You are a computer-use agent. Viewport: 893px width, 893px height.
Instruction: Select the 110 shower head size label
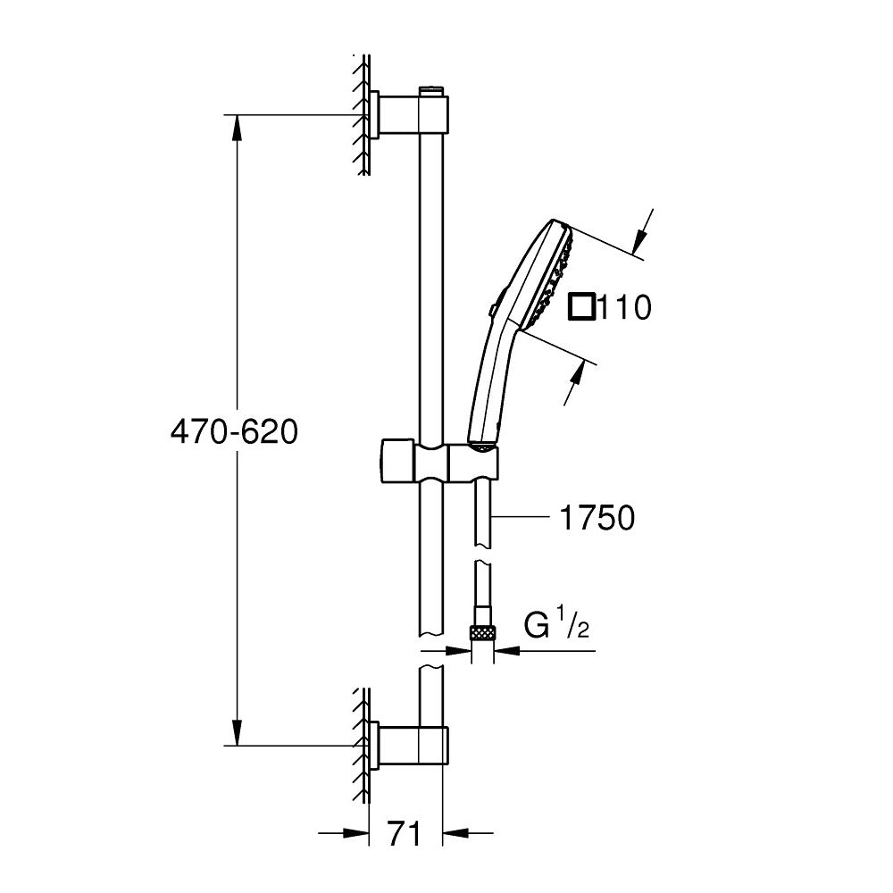click(623, 309)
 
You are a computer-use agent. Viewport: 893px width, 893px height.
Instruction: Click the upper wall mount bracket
click(393, 114)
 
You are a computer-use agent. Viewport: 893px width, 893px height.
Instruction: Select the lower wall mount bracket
click(393, 746)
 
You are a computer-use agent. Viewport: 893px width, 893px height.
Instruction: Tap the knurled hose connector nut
click(482, 633)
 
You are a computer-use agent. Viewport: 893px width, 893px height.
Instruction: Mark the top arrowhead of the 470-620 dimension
click(237, 128)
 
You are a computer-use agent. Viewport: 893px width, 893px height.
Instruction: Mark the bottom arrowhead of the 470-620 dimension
click(237, 732)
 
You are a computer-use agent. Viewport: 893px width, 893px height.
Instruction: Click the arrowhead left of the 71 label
click(357, 834)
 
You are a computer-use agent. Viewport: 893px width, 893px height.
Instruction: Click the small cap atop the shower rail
click(430, 89)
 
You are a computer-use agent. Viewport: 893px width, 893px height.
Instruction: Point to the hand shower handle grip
click(489, 384)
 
